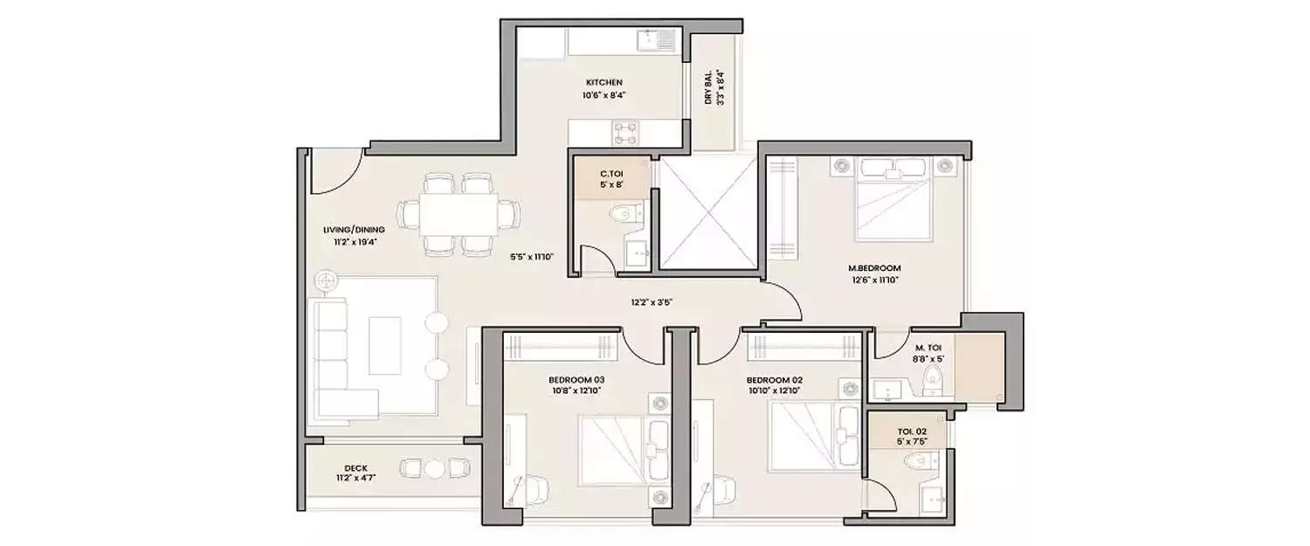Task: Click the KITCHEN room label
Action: (603, 83)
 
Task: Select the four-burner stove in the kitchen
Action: (625, 132)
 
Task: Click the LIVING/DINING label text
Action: (348, 231)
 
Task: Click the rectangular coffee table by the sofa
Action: (385, 344)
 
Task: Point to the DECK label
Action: (330, 467)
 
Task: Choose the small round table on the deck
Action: (434, 469)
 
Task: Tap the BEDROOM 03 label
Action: (576, 380)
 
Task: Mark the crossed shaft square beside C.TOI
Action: (705, 215)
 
